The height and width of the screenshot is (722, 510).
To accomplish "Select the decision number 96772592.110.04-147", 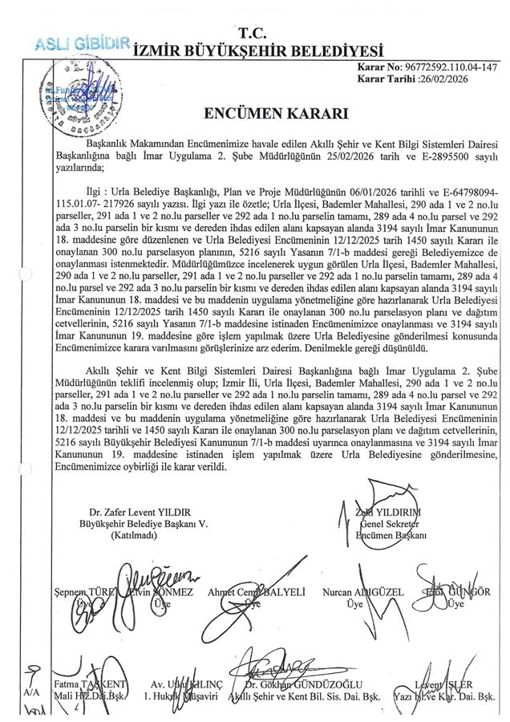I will [449, 67].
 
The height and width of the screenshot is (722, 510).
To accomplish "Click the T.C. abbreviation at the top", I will [253, 31].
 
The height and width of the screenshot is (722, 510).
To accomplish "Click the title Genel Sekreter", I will [393, 524].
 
